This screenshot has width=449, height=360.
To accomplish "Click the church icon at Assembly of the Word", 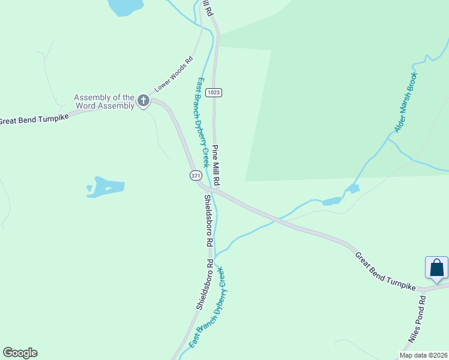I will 143,101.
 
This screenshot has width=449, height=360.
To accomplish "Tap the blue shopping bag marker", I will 436,268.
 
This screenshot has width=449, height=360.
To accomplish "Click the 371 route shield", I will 196,176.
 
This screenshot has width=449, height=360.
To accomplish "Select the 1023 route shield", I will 213,92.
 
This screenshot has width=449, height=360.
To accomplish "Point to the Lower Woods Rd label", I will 173,74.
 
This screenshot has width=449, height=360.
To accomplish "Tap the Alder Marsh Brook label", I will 405,103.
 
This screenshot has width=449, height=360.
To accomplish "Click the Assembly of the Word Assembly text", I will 104,101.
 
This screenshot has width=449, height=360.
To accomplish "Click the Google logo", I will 20,353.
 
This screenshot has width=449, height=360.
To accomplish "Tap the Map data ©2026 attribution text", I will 423,355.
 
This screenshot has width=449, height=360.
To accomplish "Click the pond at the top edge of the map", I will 125,6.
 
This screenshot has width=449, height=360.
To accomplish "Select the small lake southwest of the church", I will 107,186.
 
